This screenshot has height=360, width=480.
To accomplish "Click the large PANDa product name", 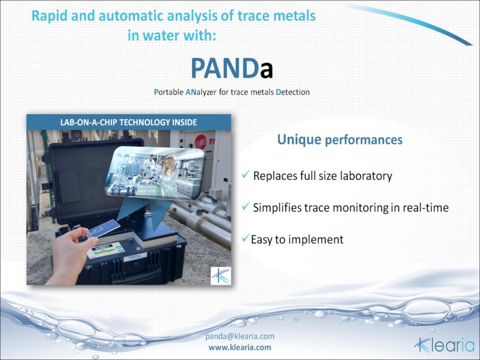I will [x=231, y=68].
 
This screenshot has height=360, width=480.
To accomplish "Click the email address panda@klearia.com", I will [x=239, y=337].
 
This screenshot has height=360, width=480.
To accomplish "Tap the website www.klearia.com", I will [x=239, y=347].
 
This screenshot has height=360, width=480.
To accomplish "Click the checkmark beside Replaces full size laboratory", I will [x=246, y=175].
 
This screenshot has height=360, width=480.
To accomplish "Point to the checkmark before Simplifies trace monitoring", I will [x=246, y=207].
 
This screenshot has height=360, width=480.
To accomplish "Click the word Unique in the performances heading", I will [x=299, y=140].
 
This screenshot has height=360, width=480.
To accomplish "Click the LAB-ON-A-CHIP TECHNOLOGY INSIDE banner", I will [x=129, y=122].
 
